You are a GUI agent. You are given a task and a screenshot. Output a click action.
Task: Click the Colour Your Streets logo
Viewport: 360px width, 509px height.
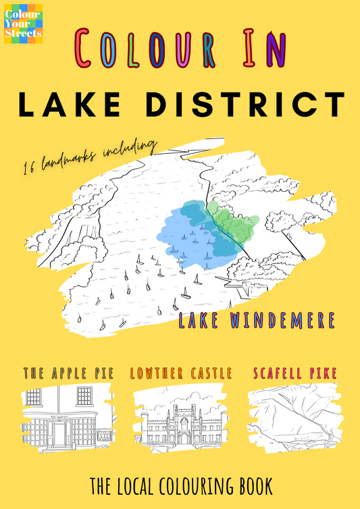click(x=23, y=24)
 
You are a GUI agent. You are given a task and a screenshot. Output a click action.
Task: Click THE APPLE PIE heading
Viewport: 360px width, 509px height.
click(x=68, y=373)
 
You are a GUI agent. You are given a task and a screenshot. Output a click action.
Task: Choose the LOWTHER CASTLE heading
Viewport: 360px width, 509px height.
click(x=181, y=373)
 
